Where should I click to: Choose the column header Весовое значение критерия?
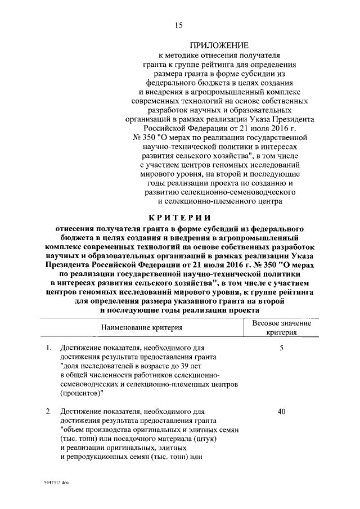281,327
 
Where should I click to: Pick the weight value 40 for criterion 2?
281,412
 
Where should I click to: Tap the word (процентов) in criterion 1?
83,393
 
